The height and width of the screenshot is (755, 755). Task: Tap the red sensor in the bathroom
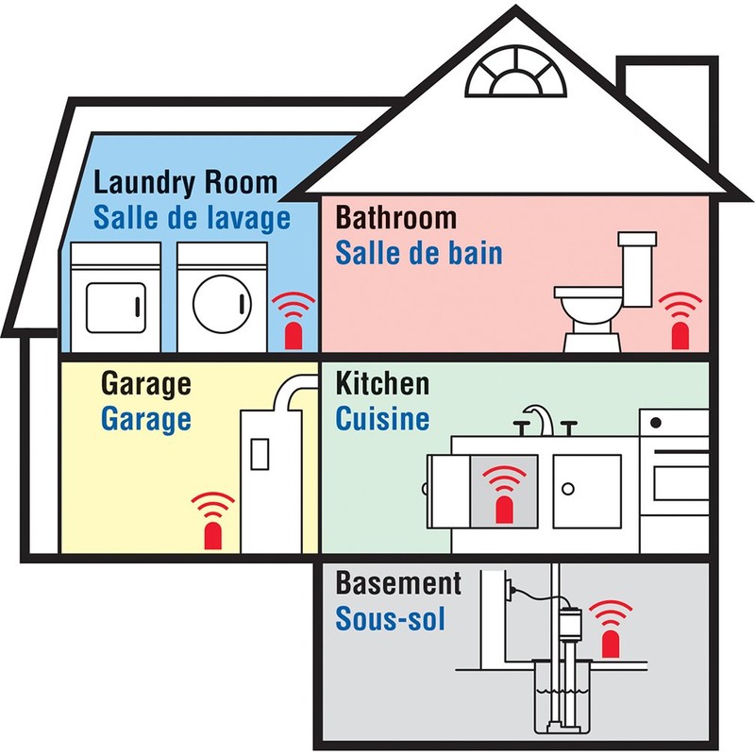tap(679, 334)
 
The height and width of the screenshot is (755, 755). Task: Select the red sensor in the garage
tap(214, 534)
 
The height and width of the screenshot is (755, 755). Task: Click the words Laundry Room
tap(186, 182)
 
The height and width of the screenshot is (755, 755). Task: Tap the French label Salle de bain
tap(419, 253)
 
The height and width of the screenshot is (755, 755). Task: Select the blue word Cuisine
tap(382, 418)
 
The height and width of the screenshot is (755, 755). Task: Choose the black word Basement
tap(398, 584)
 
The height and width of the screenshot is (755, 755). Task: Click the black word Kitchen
tap(382, 384)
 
